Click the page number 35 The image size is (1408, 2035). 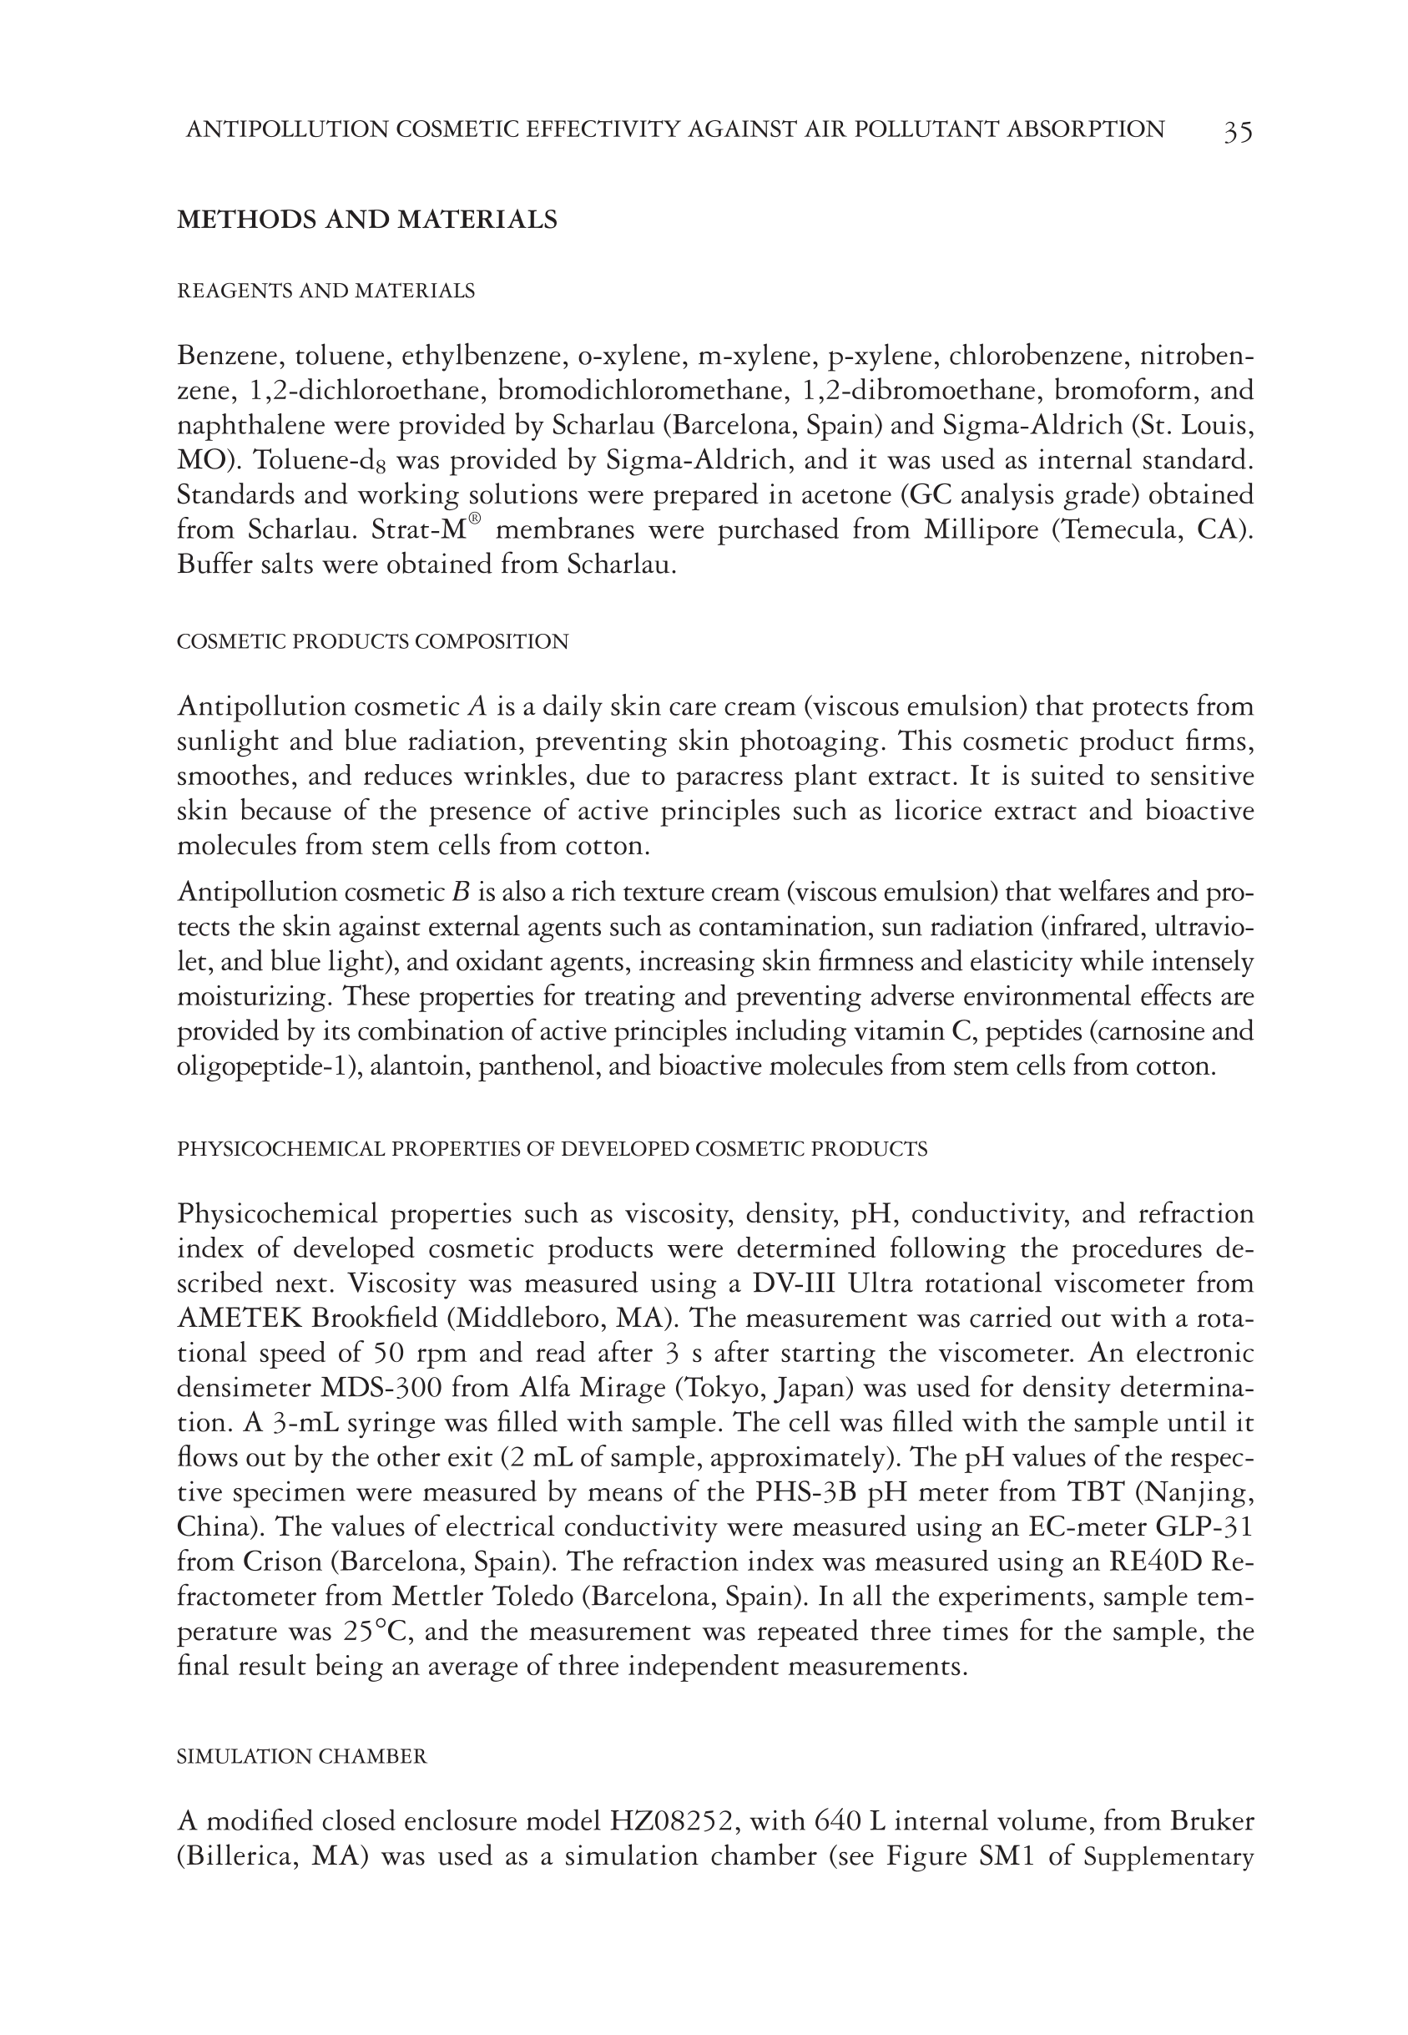[x=1237, y=131]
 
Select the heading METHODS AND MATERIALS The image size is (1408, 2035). [x=367, y=220]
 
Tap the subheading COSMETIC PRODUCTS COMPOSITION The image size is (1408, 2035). [x=372, y=641]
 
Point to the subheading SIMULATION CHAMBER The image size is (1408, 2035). [x=302, y=1756]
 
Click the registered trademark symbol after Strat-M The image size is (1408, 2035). [x=474, y=521]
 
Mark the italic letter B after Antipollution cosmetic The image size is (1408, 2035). [x=461, y=892]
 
